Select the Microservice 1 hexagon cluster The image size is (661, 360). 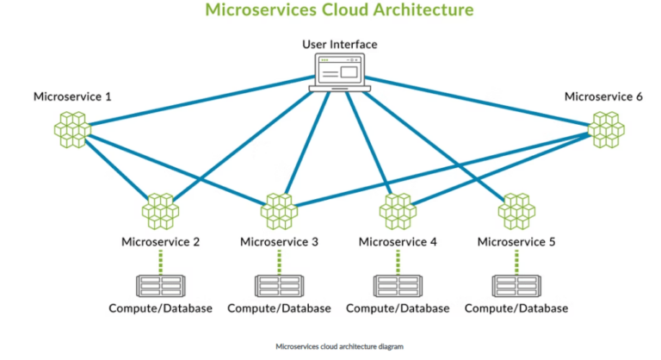click(x=72, y=129)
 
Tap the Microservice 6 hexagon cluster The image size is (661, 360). click(x=607, y=129)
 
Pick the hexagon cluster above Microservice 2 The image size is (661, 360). click(x=160, y=210)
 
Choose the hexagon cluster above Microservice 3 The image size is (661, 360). click(x=279, y=210)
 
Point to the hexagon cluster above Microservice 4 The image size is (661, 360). click(x=398, y=210)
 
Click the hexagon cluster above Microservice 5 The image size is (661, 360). click(x=516, y=210)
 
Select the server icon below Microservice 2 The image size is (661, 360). click(x=160, y=285)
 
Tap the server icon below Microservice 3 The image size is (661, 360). click(x=279, y=285)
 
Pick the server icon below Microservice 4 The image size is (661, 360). click(x=398, y=285)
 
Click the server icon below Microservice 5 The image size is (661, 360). click(x=516, y=285)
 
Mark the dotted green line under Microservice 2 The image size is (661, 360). click(x=160, y=261)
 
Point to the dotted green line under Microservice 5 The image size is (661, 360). click(x=516, y=261)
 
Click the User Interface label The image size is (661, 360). click(x=340, y=44)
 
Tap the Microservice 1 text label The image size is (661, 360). click(x=72, y=96)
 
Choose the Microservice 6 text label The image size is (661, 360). click(x=603, y=96)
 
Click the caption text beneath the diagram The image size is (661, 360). click(x=339, y=345)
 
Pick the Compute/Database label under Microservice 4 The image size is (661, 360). click(x=398, y=307)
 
